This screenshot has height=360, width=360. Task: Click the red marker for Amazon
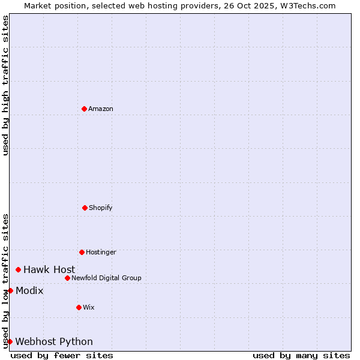[84, 109]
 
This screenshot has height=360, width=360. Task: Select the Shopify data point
[85, 208]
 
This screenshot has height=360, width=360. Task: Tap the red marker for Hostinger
[82, 252]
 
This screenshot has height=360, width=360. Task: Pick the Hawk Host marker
[18, 269]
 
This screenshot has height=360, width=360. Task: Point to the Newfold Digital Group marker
[67, 278]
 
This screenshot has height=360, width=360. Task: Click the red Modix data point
[10, 290]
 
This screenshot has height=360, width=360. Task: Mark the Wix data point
[79, 307]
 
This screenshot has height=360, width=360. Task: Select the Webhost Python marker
[10, 341]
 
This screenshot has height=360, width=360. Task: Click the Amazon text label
[101, 109]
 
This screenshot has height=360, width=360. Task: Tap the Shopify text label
[101, 208]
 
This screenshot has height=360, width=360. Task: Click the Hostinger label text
[101, 252]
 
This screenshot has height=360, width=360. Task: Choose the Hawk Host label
[49, 269]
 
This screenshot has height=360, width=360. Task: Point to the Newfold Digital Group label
[106, 278]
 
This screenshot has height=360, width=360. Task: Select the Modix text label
[29, 290]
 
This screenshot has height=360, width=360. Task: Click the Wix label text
[89, 307]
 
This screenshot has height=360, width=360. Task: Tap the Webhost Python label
[54, 341]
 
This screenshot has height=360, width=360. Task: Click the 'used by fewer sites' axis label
[62, 355]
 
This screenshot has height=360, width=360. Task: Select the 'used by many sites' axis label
[301, 355]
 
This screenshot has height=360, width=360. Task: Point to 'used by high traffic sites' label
[5, 85]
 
